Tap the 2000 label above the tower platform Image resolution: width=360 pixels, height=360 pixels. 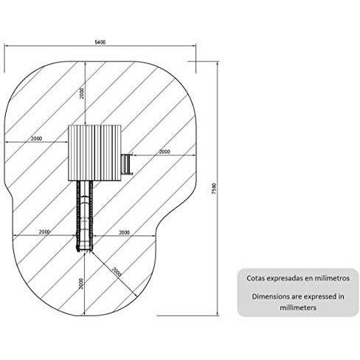pos(83,92)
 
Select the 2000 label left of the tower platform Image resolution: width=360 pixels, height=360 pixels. pos(36,139)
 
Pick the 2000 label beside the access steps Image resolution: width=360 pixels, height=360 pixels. pos(164,152)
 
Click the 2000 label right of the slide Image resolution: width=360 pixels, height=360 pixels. pos(124,232)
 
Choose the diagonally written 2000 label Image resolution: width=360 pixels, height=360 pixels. pos(116,271)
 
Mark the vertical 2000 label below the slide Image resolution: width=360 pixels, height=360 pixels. pos(82,283)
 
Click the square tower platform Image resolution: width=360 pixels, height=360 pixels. pos(94,152)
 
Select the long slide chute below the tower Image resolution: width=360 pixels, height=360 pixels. pos(85,214)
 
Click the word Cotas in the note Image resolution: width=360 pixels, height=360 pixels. pos(256,279)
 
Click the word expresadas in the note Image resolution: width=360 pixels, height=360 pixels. pos(285,279)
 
